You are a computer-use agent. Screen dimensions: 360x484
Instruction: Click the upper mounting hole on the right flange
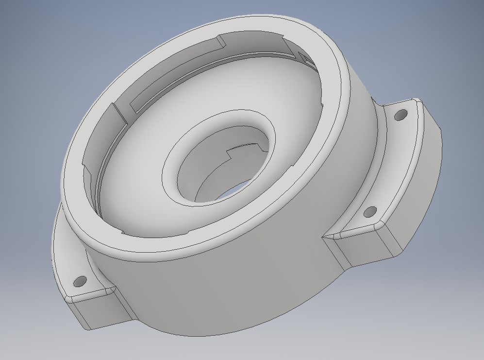pyautogui.click(x=401, y=116)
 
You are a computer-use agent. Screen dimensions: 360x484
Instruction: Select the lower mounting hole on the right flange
pyautogui.click(x=370, y=212)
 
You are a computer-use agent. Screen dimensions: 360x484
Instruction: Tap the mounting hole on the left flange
pyautogui.click(x=80, y=281)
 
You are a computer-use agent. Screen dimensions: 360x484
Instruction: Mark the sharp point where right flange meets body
pyautogui.click(x=324, y=237)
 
